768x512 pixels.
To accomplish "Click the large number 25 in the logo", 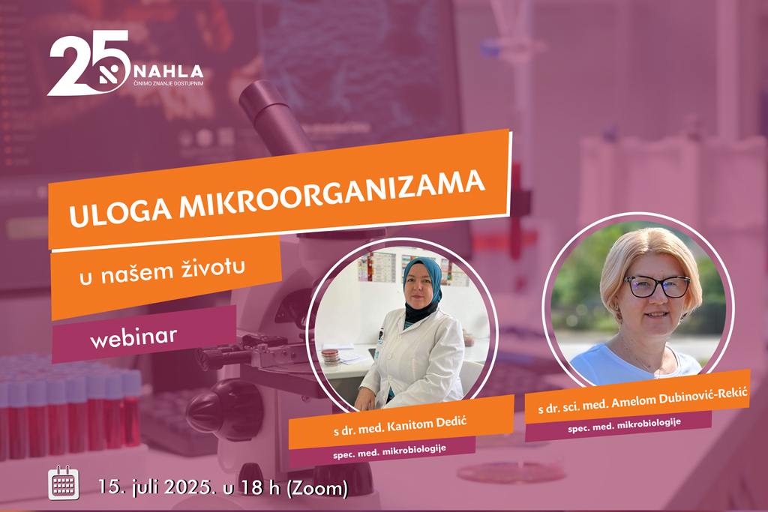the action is pos(88,63).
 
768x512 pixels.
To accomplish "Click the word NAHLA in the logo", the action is pos(169,71).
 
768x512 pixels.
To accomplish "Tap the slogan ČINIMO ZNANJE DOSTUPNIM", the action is pos(169,84).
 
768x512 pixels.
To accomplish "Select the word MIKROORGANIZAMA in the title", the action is pos(332,192).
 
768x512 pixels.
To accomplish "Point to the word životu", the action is pos(213,268).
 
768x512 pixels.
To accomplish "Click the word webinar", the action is pos(133,337).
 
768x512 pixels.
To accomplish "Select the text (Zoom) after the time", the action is pos(316,489).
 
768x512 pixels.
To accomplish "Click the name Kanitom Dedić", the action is pos(427,424).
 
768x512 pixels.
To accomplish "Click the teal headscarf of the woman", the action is pos(422,277).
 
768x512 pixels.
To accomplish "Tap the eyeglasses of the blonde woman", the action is pos(657,286).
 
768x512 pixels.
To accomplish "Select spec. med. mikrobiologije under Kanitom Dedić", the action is pos(389,451).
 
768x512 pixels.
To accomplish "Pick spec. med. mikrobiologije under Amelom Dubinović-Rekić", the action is pos(625,425).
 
